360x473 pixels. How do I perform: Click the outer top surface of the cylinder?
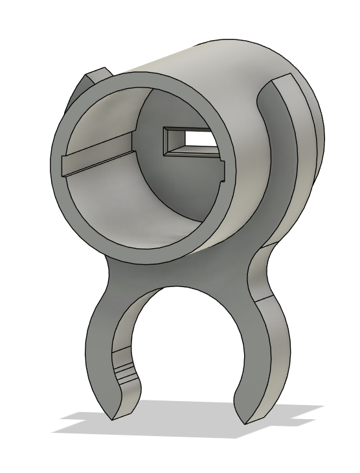pyautogui.click(x=214, y=58)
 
